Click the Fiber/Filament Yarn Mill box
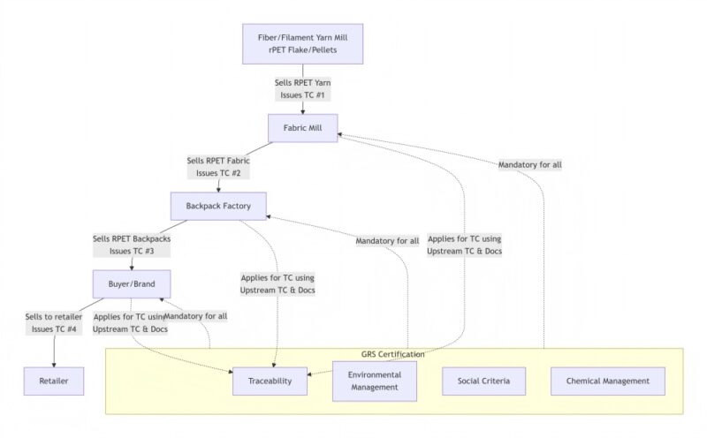pyautogui.click(x=303, y=43)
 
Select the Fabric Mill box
pyautogui.click(x=303, y=129)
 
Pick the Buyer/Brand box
pyautogui.click(x=132, y=284)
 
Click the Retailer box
pyautogui.click(x=53, y=381)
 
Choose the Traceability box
pyautogui.click(x=270, y=381)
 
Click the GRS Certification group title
pyautogui.click(x=392, y=354)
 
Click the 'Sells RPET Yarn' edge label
pyautogui.click(x=303, y=81)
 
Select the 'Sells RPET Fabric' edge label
pyautogui.click(x=218, y=162)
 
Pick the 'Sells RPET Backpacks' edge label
pyautogui.click(x=132, y=239)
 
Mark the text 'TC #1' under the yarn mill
pyautogui.click(x=316, y=94)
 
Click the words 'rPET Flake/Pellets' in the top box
pyautogui.click(x=303, y=50)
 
